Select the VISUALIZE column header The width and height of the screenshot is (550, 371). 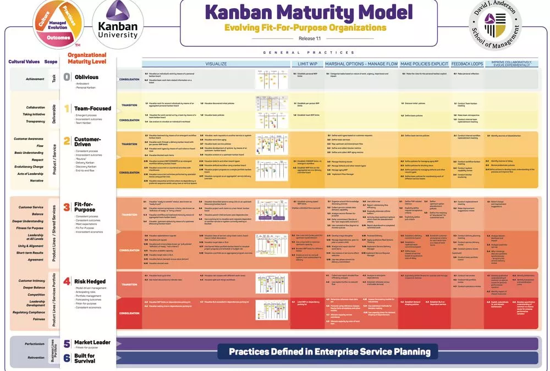point(216,64)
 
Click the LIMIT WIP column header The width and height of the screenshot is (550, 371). point(305,64)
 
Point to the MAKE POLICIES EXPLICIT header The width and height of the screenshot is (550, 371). point(424,64)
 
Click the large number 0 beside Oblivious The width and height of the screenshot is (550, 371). point(67,77)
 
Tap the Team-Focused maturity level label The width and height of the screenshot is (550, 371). point(92,108)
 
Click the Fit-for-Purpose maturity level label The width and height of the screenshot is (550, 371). point(86,207)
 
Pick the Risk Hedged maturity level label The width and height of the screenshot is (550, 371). point(90,281)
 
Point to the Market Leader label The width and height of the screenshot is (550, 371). point(92,342)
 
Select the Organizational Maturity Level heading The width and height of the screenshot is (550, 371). point(87,58)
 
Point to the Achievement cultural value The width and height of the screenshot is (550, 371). point(35,79)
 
